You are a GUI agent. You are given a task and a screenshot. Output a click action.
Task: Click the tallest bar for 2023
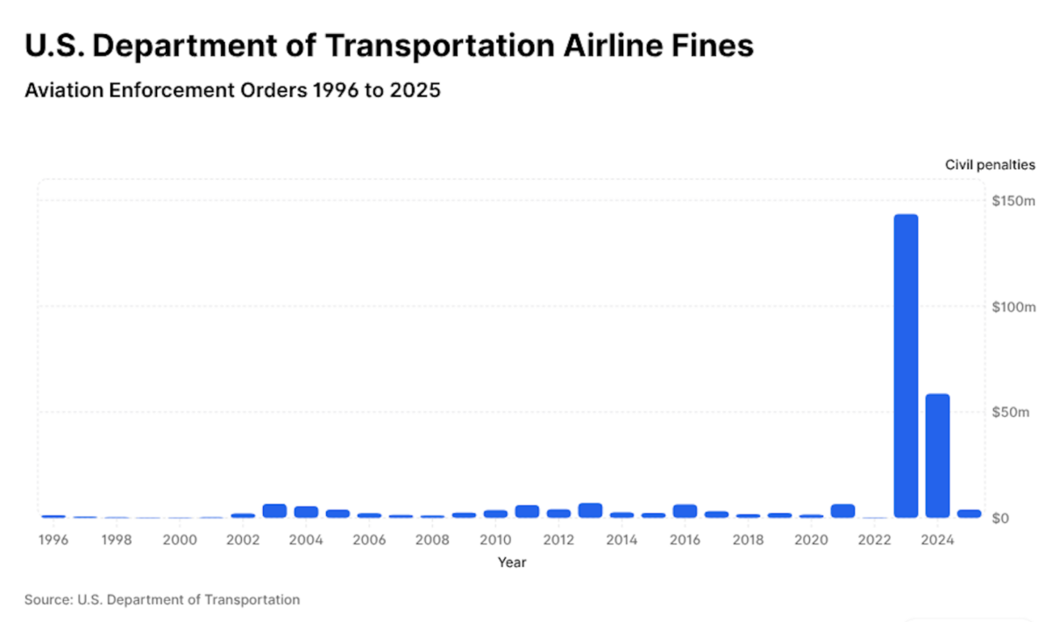[906, 366]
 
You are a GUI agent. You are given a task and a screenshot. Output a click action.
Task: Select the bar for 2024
[937, 455]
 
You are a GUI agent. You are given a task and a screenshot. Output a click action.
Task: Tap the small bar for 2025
[969, 513]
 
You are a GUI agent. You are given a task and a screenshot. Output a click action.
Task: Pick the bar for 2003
[274, 511]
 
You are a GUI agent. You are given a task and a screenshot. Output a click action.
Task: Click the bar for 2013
[590, 510]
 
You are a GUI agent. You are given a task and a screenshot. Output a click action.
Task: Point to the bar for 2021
[842, 511]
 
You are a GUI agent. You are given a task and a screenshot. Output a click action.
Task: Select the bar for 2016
[685, 511]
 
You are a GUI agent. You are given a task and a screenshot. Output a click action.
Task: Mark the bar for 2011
[527, 511]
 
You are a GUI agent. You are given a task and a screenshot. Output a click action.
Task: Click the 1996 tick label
[53, 539]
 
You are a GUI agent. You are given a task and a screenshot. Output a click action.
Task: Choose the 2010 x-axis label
[495, 539]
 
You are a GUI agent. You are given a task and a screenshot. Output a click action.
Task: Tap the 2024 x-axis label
[937, 539]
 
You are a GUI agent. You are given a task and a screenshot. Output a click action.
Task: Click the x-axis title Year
[511, 562]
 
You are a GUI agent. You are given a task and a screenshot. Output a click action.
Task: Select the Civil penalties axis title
[990, 164]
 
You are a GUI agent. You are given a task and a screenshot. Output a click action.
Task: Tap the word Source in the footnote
[47, 600]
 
